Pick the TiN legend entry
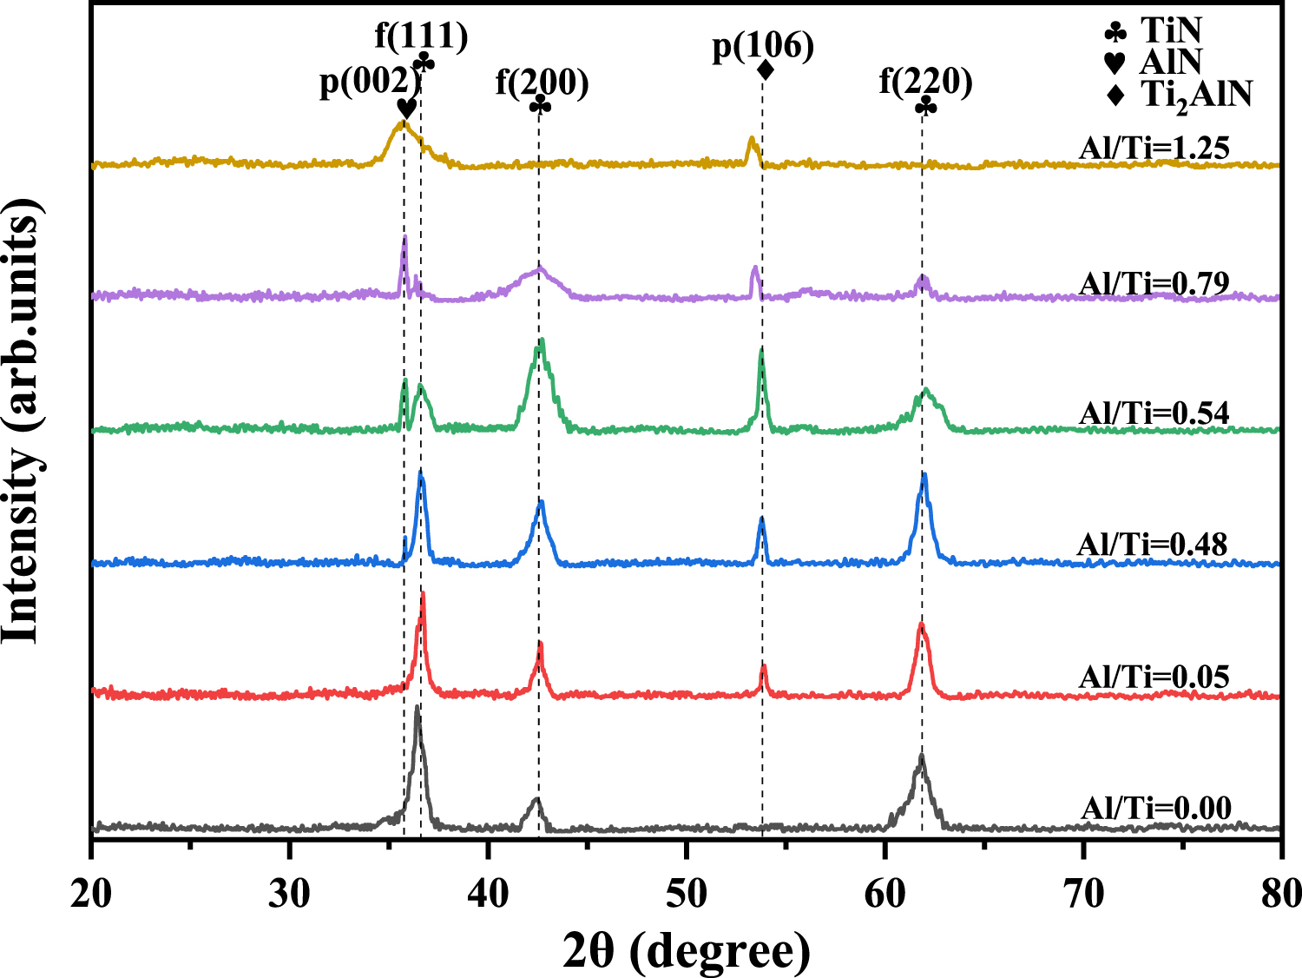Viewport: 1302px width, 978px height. pos(1154,31)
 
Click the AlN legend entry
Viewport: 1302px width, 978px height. pos(1154,62)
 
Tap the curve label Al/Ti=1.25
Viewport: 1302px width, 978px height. pos(1154,149)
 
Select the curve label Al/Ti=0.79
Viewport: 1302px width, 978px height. pos(1154,283)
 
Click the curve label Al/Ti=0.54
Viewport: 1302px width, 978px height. pos(1154,413)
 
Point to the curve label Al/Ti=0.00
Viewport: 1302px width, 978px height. pos(1155,809)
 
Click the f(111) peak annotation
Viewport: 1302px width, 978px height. pos(421,36)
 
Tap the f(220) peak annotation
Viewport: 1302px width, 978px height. pos(925,82)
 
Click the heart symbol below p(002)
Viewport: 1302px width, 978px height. pos(405,109)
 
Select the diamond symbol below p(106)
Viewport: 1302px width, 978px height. pos(765,69)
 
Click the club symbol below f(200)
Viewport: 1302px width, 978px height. pos(540,105)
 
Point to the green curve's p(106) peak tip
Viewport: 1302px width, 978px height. pos(761,349)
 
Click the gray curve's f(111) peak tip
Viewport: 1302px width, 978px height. pos(418,707)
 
